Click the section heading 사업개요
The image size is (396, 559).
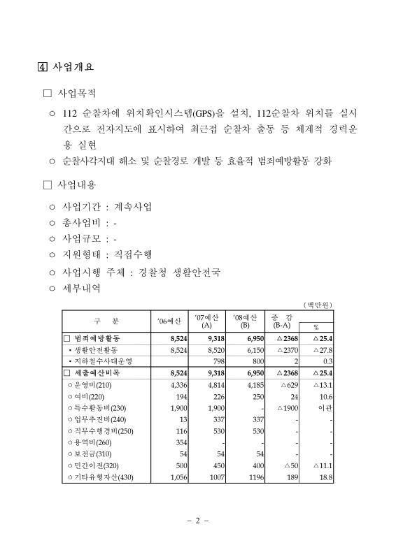tap(73, 68)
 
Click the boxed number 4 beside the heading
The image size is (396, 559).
tap(42, 68)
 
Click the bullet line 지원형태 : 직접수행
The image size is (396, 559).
tap(111, 255)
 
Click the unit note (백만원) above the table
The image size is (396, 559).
tap(317, 305)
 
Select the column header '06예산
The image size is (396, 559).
tap(169, 321)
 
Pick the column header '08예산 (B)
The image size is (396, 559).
tap(244, 321)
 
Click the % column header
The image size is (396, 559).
tap(316, 326)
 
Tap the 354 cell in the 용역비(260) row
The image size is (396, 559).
tap(179, 442)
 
